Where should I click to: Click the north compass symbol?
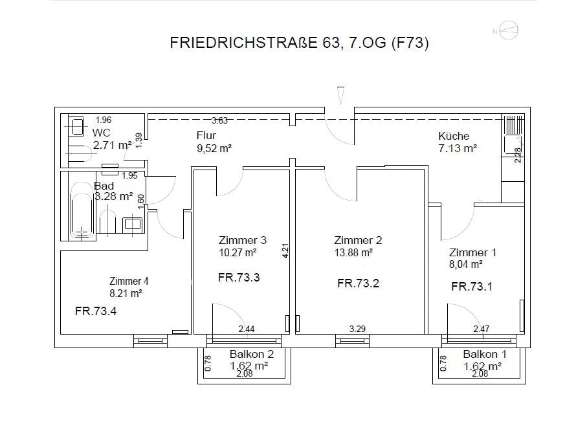509,30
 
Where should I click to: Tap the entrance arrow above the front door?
340,96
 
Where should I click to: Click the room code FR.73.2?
358,283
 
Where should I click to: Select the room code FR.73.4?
96,311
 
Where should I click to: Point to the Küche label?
454,136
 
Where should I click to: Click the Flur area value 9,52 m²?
214,148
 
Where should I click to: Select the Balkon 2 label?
252,354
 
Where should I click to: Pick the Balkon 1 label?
485,354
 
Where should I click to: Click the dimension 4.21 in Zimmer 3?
285,250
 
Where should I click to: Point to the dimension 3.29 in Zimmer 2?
357,329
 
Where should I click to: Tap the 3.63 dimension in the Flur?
219,120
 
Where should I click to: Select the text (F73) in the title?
410,43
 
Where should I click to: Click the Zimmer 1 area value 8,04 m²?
466,264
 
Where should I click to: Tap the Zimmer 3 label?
243,240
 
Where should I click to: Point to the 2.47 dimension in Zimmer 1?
482,329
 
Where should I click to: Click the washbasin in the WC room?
78,126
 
